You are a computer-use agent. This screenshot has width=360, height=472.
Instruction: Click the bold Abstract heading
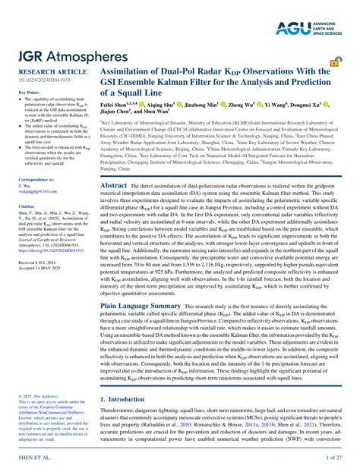tap(114, 184)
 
